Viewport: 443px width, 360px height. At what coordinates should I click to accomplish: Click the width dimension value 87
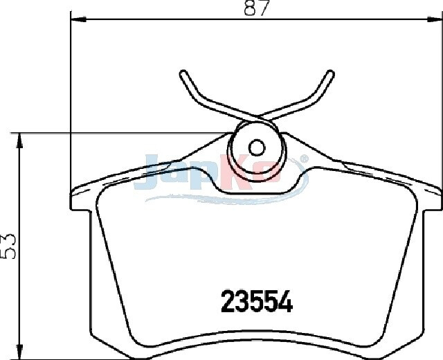click(255, 8)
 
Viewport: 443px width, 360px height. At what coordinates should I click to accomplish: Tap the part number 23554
click(257, 302)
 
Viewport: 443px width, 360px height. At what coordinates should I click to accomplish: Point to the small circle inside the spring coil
click(257, 147)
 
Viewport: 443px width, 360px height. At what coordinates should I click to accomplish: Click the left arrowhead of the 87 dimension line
click(78, 19)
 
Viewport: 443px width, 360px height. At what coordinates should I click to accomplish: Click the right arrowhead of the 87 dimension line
click(434, 19)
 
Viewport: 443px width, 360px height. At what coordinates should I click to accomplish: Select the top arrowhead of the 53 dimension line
click(19, 141)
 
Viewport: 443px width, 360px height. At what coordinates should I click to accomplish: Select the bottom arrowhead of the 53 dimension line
click(19, 352)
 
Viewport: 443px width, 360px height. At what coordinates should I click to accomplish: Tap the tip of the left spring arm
click(183, 73)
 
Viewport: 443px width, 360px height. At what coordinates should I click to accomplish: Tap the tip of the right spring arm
click(330, 73)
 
